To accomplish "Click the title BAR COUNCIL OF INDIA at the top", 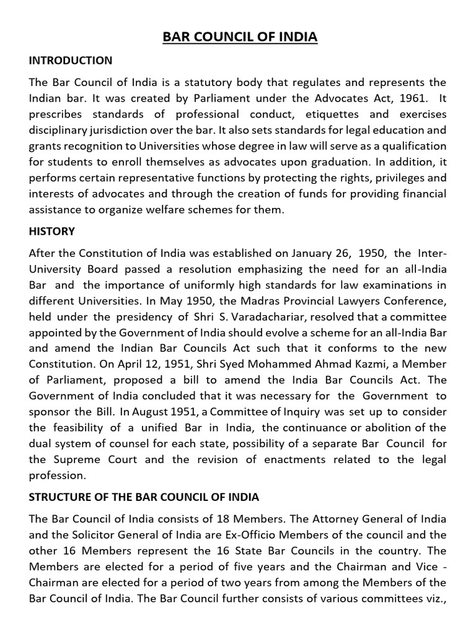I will tap(239, 37).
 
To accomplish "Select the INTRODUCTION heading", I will tap(71, 61).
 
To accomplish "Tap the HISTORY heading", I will tap(51, 231).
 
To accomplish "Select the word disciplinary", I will tap(61, 131).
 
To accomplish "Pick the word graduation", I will tap(333, 178).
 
